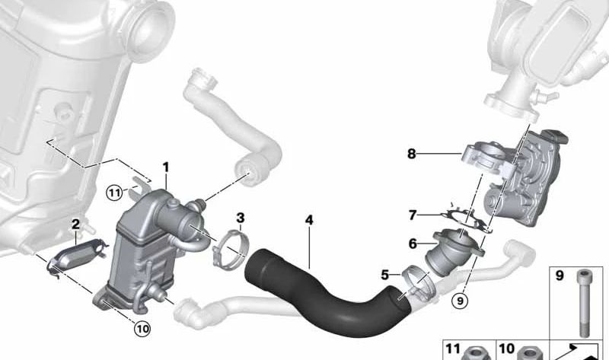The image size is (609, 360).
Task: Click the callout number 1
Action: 165,167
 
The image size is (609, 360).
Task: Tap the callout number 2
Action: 75,224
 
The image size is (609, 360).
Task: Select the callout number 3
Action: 240,219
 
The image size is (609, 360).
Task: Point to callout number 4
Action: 309,221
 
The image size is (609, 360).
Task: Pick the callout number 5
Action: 385,275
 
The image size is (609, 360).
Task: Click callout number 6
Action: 412,244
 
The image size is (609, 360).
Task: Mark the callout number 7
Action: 412,215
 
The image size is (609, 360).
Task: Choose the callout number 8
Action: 411,154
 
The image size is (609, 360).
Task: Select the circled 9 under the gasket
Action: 458,300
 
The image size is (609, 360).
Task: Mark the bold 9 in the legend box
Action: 560,276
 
